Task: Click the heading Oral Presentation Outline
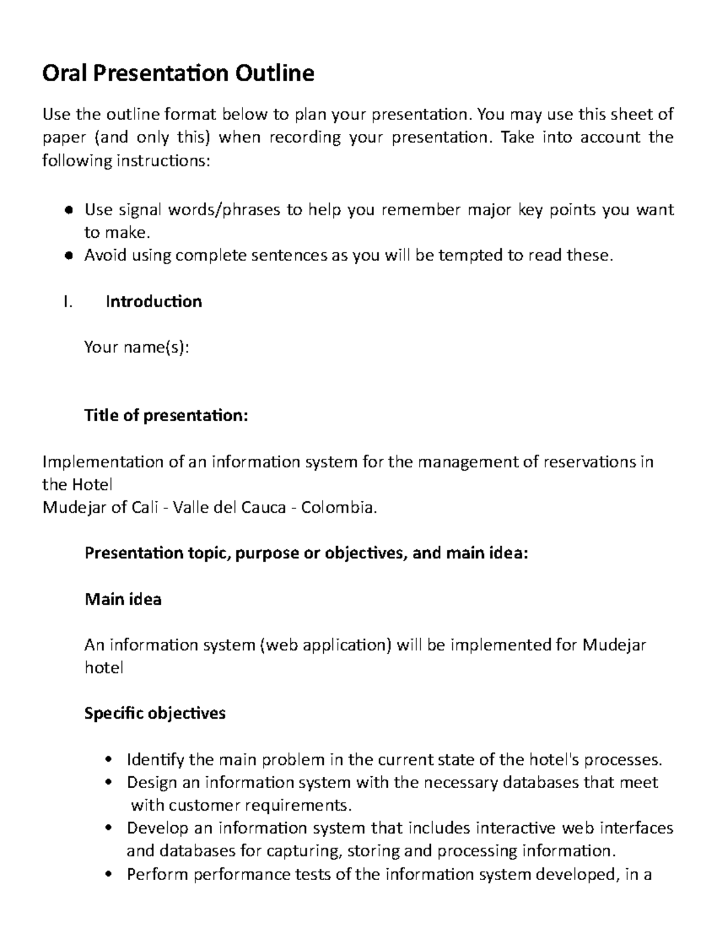pos(178,73)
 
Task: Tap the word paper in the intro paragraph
pos(63,138)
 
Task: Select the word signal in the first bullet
pos(140,210)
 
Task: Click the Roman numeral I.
pos(67,302)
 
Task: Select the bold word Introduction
pos(154,302)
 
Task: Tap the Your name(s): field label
pos(136,347)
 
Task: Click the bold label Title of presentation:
pos(166,415)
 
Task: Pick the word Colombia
pos(339,508)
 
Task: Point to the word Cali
pos(146,508)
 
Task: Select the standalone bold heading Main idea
pos(123,599)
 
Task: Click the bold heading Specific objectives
pos(155,713)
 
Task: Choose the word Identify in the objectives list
pos(155,760)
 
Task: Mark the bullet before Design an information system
pos(108,783)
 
